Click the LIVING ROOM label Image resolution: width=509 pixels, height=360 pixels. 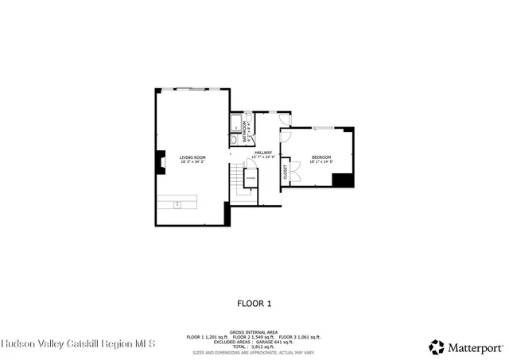coord(192,157)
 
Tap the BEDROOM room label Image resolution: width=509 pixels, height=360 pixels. coord(321,157)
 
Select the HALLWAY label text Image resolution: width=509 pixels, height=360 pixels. coord(262,153)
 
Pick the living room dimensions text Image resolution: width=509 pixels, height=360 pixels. coord(192,162)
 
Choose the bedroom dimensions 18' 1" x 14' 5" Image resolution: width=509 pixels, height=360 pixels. coord(321,162)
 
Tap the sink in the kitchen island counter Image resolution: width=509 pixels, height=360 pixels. coord(178,205)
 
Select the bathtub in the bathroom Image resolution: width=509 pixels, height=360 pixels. coord(236,123)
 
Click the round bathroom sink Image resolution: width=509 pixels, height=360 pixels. coord(235,140)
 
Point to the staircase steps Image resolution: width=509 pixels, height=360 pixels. coord(236,185)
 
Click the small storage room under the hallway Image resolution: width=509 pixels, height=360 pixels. coord(251,179)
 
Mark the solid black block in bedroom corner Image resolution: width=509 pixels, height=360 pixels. coord(343,180)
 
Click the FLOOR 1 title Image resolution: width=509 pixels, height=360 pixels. coord(254,303)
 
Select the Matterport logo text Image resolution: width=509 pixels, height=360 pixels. coord(474,347)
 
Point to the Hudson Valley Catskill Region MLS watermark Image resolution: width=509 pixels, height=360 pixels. coord(77,344)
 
